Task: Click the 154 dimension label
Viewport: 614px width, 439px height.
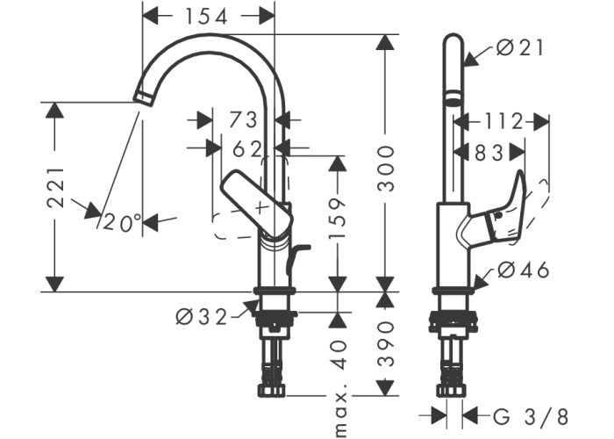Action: point(206,17)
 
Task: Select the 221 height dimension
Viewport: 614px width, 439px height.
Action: point(55,187)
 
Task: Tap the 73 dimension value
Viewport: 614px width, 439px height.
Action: point(243,120)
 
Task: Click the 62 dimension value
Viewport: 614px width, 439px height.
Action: point(247,149)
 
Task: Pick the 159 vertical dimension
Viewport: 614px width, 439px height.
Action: point(337,219)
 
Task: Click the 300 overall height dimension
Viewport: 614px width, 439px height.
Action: point(386,169)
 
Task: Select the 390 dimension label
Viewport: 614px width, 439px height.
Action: point(386,344)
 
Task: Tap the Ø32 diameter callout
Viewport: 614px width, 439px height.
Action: point(201,317)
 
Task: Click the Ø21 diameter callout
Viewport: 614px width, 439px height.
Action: point(520,48)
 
